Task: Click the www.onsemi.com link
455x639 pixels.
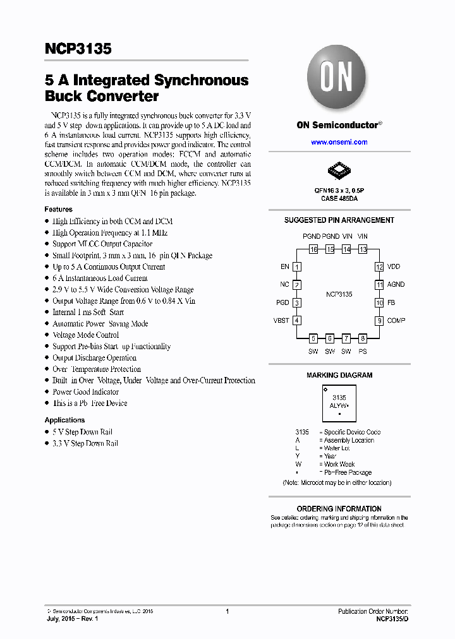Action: (x=339, y=142)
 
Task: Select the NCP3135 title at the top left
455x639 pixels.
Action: (x=78, y=49)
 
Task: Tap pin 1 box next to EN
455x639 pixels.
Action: (x=297, y=267)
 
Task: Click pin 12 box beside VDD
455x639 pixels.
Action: (x=379, y=267)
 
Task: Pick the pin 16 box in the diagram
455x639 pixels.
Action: (x=313, y=249)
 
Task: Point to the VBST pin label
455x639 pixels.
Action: (x=281, y=321)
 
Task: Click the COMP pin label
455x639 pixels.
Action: (x=396, y=321)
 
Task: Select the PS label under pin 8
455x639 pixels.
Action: (x=363, y=351)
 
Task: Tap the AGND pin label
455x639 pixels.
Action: (x=396, y=285)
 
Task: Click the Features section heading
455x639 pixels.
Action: (x=58, y=209)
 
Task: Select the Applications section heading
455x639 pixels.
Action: (x=64, y=420)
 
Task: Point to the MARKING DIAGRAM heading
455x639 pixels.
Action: (x=339, y=375)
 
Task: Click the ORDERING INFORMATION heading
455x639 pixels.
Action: (x=339, y=508)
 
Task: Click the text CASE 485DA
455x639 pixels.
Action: (x=339, y=198)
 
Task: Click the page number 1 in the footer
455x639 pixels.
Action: (x=227, y=611)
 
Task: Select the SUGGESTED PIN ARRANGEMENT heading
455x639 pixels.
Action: (x=339, y=220)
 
